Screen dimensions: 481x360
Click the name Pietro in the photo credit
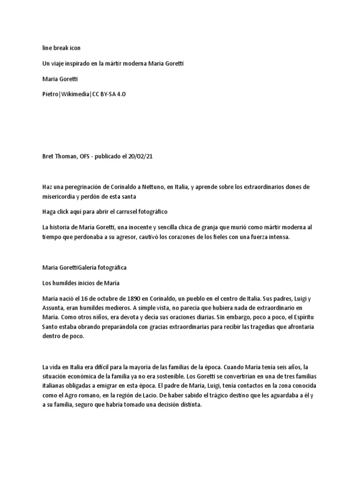pos(51,94)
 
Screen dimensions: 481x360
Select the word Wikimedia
pos(75,94)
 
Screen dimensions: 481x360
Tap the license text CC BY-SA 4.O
pos(109,94)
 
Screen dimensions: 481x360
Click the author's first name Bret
pos(48,156)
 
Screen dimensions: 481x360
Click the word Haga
pos(49,211)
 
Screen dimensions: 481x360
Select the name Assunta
pos(53,308)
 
